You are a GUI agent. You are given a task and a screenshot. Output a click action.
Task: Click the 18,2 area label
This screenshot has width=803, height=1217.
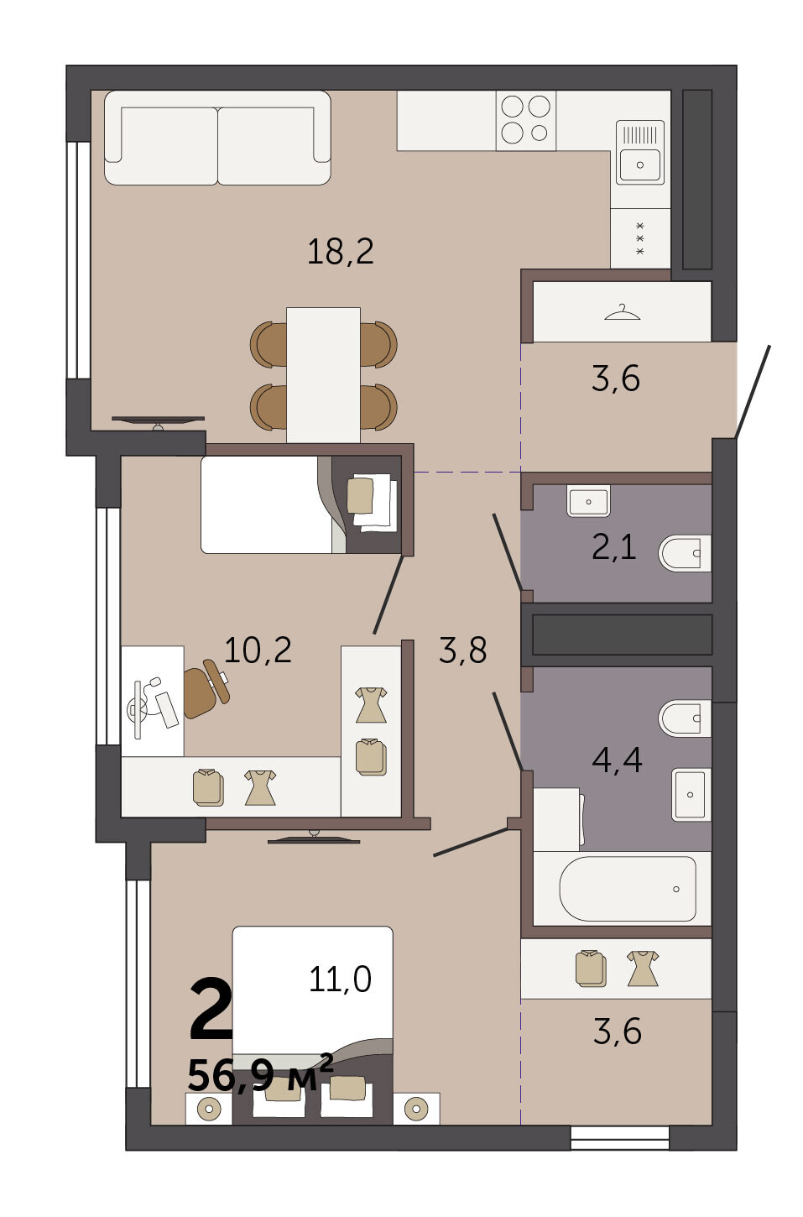341,252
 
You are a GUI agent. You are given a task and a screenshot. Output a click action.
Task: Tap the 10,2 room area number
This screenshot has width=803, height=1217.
258,650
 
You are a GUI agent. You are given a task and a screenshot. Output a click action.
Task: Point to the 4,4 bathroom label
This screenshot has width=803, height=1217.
617,760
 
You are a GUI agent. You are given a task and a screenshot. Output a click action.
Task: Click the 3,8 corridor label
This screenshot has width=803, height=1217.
462,650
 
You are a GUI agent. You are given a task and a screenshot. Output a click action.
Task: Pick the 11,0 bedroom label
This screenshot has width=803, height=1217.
340,979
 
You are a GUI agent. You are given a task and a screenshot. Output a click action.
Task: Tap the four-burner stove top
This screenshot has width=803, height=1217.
525,120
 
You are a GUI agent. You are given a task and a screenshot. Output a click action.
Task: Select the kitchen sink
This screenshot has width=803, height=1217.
640,153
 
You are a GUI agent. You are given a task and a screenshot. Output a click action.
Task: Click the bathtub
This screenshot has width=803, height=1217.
628,889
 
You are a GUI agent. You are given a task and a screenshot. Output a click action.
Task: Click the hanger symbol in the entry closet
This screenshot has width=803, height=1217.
622,313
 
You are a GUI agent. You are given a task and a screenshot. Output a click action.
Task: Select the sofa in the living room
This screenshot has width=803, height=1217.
217,138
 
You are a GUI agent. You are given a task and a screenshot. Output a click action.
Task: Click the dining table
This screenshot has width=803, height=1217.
323,375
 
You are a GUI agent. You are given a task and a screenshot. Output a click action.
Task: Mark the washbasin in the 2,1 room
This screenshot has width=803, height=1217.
588,501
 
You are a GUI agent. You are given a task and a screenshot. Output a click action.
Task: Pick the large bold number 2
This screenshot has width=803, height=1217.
211,1009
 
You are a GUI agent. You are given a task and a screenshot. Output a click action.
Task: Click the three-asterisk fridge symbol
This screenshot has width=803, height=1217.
639,238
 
